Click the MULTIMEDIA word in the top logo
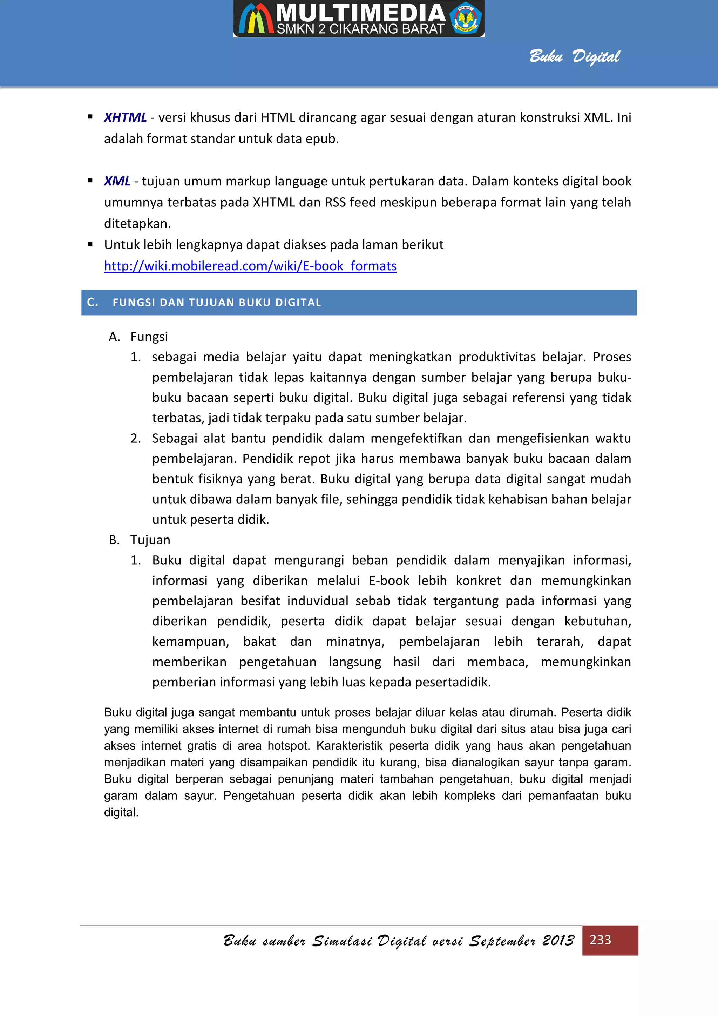point(360,13)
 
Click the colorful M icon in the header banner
point(256,19)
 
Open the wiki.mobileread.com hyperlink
point(250,266)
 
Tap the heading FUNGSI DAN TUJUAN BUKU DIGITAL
point(217,302)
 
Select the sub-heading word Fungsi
point(149,337)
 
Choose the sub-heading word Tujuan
point(150,540)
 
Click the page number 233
point(600,940)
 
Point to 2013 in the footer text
point(558,940)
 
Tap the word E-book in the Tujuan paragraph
point(389,581)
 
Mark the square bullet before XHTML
point(90,117)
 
